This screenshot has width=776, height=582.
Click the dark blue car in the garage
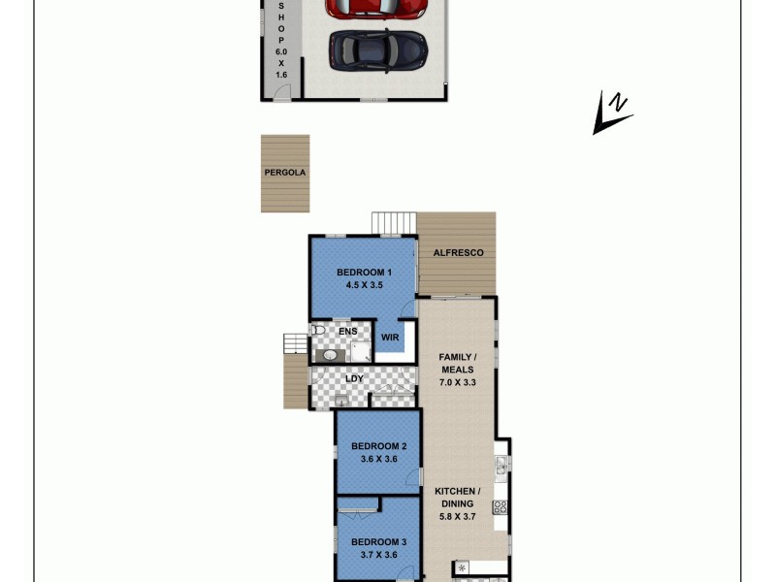[x=376, y=48]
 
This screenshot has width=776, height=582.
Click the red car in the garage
[x=376, y=8]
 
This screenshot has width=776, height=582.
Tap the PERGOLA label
[x=284, y=173]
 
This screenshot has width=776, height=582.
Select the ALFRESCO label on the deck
[x=459, y=253]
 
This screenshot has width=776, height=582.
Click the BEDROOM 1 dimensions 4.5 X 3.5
[x=364, y=285]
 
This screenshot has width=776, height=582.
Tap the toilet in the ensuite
[x=318, y=331]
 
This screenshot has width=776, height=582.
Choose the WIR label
[x=390, y=338]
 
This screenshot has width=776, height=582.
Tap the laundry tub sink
[x=340, y=400]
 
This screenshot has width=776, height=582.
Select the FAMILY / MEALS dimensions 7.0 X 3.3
[x=456, y=382]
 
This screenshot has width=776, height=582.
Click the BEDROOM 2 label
[x=378, y=446]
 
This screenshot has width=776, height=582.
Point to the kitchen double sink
[x=501, y=469]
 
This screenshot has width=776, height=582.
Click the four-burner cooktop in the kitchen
[x=501, y=506]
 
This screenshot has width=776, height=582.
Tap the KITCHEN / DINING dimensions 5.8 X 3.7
[x=456, y=516]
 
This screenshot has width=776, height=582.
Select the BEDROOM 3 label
[x=378, y=541]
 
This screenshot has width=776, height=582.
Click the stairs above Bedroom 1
[x=394, y=223]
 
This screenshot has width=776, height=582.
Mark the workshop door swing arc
[x=281, y=93]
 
